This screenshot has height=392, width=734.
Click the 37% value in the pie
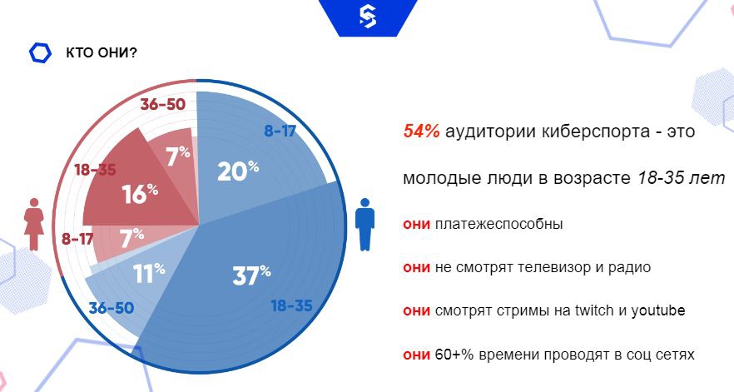[x=252, y=275]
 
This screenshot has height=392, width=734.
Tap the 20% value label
[x=238, y=171]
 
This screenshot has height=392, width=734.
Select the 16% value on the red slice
[x=140, y=193]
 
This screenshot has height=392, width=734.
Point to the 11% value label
[x=149, y=273]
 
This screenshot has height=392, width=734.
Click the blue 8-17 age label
[x=280, y=131]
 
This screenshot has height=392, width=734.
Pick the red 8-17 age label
[x=77, y=239]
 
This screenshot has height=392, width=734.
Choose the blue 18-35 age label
[x=291, y=305]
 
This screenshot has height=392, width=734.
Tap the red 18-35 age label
[x=95, y=170]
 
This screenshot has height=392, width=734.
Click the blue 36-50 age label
[x=112, y=308]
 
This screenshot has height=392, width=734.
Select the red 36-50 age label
[x=163, y=104]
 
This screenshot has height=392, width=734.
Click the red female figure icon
[x=34, y=224]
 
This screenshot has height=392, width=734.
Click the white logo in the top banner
[x=368, y=17]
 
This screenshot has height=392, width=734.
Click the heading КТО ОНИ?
[x=102, y=52]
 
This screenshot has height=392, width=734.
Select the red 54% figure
[x=421, y=131]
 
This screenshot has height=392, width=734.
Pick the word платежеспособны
[x=499, y=225]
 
